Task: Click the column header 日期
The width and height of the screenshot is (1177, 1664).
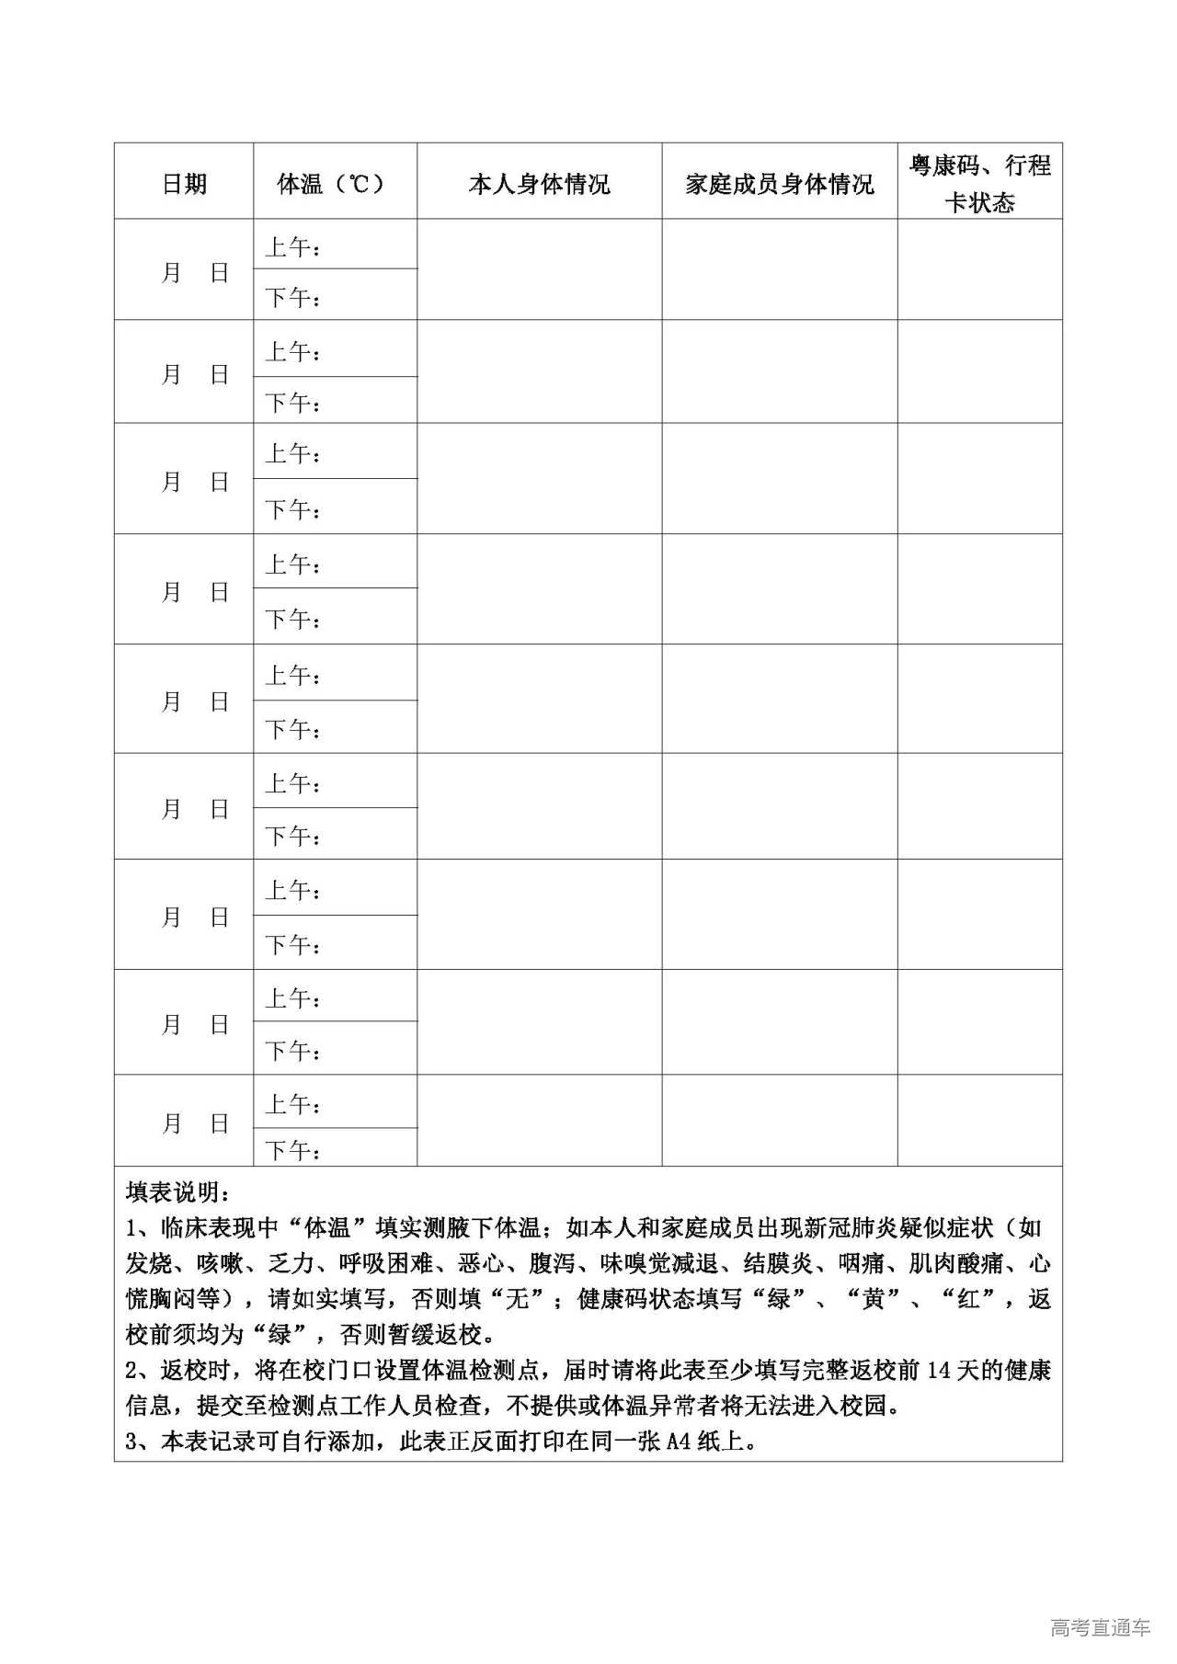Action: click(184, 184)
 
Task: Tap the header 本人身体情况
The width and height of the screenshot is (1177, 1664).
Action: click(539, 185)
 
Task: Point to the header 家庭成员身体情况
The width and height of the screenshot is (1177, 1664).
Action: click(780, 185)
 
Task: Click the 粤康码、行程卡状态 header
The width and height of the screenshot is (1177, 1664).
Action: click(979, 184)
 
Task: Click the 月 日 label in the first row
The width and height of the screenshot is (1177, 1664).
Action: click(194, 273)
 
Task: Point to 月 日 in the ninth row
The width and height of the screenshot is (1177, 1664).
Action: click(194, 1123)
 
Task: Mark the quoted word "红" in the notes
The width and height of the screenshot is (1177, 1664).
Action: click(968, 1299)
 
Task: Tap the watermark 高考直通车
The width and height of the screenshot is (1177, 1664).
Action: click(1100, 1628)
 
